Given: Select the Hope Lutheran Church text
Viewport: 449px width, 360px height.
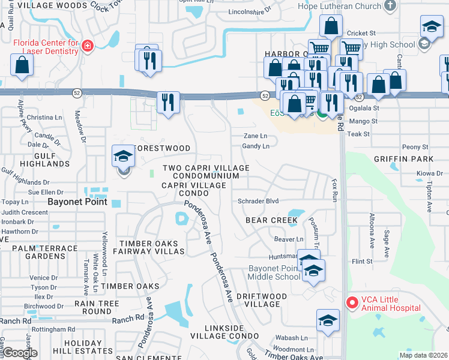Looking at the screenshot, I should (340, 6).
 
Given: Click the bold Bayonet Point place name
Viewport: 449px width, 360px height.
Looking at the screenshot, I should (77, 202).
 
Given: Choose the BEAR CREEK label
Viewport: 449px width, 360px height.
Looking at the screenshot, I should (271, 220).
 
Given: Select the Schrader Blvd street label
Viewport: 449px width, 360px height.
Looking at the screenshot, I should (259, 201).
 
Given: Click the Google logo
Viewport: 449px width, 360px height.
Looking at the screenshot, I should (19, 352).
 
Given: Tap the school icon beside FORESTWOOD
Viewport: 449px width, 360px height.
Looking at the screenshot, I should (123, 158).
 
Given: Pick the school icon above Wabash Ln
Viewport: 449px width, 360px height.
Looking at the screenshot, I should (328, 320).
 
